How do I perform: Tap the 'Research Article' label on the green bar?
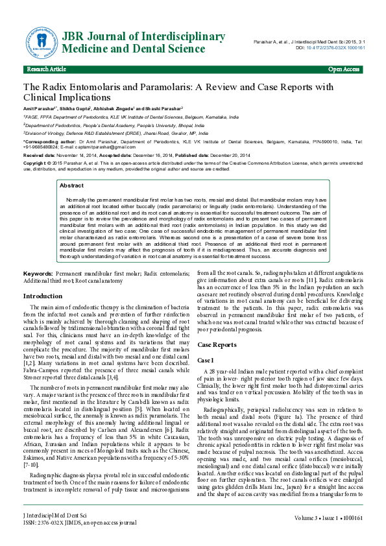click(46, 69)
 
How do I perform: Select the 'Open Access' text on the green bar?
click(344, 69)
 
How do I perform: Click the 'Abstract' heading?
click(71, 185)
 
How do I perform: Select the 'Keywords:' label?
click(38, 274)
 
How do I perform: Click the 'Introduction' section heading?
click(43, 296)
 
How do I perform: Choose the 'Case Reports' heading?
click(217, 345)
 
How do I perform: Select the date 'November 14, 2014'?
click(75, 156)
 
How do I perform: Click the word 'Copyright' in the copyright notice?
click(36, 164)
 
